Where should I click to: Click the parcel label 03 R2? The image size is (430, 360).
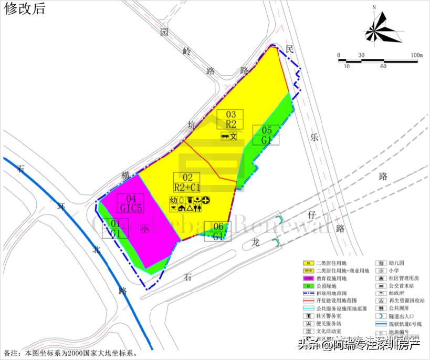(231, 120)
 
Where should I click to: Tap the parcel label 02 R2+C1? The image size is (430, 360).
(187, 182)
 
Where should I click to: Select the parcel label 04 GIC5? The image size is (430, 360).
(131, 204)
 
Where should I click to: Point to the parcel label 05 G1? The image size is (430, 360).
(266, 136)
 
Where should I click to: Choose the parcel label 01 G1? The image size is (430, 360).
(116, 228)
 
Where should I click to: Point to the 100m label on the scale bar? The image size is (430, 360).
(417, 55)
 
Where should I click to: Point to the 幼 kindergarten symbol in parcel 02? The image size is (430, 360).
(174, 200)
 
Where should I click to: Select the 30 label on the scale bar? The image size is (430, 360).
(361, 55)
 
